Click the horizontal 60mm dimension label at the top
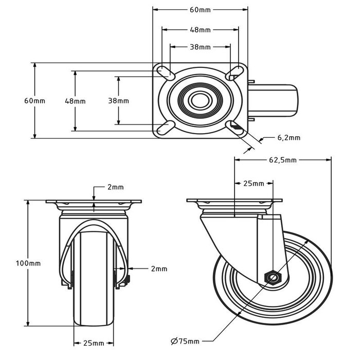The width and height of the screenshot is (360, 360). (x=200, y=10)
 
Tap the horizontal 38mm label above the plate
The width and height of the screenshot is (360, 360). (x=200, y=47)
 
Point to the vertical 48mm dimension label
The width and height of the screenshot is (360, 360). (x=75, y=101)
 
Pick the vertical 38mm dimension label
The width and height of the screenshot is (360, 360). (x=118, y=101)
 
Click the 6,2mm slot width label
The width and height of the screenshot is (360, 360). (x=289, y=138)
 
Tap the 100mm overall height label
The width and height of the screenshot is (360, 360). (x=28, y=263)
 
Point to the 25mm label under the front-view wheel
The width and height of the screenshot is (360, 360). (x=94, y=343)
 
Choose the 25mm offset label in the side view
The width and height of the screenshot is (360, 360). (x=254, y=184)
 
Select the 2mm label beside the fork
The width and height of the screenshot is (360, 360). (x=159, y=268)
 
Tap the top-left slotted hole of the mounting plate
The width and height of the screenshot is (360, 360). (x=166, y=73)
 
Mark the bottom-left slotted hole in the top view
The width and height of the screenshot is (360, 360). (x=166, y=128)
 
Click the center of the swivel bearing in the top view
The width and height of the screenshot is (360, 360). (x=200, y=100)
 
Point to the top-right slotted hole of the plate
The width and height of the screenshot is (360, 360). (x=234, y=73)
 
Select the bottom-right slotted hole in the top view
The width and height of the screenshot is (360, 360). (x=235, y=127)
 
